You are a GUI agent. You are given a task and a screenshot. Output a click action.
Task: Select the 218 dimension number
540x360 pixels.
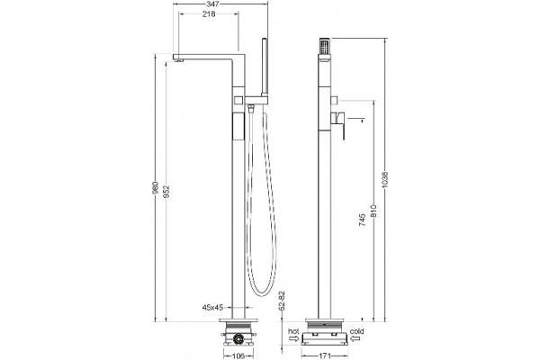click(x=209, y=14)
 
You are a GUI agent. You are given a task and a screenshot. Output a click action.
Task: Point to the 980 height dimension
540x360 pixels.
click(x=156, y=188)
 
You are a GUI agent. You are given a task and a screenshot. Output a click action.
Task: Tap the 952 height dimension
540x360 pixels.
click(x=166, y=192)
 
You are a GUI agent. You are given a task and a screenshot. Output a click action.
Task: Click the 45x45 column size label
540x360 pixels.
click(x=213, y=308)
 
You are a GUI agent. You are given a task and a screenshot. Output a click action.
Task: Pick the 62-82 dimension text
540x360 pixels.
click(x=283, y=301)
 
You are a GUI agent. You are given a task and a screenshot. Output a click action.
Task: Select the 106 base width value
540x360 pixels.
click(x=238, y=355)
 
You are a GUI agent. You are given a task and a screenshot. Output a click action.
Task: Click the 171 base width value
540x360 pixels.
click(x=323, y=355)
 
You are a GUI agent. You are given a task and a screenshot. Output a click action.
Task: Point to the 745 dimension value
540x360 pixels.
click(x=363, y=220)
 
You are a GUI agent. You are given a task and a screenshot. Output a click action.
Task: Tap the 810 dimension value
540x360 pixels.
click(x=373, y=211)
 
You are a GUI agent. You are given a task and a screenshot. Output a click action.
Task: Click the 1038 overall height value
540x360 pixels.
click(x=385, y=180)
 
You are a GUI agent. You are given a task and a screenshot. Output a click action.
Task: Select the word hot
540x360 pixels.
click(x=293, y=331)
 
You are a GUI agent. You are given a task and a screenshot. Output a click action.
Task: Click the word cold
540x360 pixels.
click(x=356, y=331)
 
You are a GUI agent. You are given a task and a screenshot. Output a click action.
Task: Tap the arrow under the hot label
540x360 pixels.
click(x=294, y=338)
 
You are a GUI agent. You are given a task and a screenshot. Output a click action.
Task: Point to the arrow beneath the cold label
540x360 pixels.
click(x=355, y=338)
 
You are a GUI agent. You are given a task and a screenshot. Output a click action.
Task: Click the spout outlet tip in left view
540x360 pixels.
click(x=178, y=60)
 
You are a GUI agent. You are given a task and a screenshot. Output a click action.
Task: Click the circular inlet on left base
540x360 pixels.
click(x=238, y=339)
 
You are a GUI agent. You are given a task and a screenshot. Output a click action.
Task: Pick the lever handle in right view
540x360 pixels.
click(x=338, y=125)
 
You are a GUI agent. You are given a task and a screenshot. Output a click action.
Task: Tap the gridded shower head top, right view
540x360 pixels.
click(x=325, y=46)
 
